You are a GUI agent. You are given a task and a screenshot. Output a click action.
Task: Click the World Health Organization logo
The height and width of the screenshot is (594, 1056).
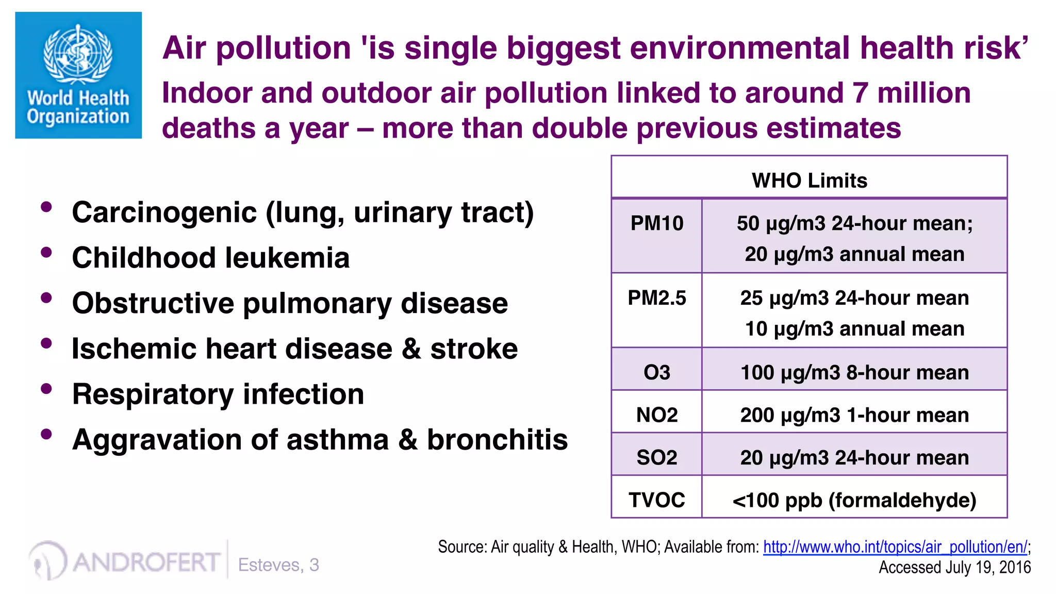point(78,75)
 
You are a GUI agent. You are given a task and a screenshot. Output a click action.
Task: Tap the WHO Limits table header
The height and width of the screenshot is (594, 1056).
point(809,180)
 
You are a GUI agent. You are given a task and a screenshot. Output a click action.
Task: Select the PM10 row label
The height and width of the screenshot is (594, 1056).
point(656,223)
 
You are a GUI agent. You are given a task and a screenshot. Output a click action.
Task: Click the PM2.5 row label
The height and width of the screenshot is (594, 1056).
point(656,298)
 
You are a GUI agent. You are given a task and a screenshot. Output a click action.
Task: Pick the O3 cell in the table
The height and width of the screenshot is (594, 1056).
point(656,372)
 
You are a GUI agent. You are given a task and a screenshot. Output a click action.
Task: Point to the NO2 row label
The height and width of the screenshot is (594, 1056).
point(656,415)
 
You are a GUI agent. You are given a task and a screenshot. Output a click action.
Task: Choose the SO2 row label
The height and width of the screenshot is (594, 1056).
point(656,458)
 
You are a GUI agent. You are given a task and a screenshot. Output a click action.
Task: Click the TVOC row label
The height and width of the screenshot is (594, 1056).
point(656,500)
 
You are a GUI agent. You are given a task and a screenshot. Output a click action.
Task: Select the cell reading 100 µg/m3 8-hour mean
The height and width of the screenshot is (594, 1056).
point(854,372)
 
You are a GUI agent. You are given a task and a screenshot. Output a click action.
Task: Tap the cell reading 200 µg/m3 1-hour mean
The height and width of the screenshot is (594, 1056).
point(854,415)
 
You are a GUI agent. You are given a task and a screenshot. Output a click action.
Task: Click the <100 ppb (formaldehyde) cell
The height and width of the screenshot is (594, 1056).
point(854,500)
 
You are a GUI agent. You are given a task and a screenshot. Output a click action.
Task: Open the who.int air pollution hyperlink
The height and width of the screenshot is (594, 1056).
point(895,547)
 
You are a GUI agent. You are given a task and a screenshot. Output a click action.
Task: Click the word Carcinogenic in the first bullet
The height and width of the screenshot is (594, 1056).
point(164,212)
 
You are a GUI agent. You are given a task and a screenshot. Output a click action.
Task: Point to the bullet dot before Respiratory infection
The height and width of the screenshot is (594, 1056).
point(46,389)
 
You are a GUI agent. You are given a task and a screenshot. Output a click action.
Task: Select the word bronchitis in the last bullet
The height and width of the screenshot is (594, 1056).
point(497,440)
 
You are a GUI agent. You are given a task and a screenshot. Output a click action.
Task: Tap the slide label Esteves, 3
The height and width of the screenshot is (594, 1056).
point(278,565)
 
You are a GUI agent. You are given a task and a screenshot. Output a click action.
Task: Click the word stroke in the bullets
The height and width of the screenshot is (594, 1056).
point(474,349)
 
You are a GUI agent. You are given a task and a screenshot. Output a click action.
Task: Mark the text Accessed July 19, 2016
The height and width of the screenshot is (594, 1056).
point(954,567)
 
